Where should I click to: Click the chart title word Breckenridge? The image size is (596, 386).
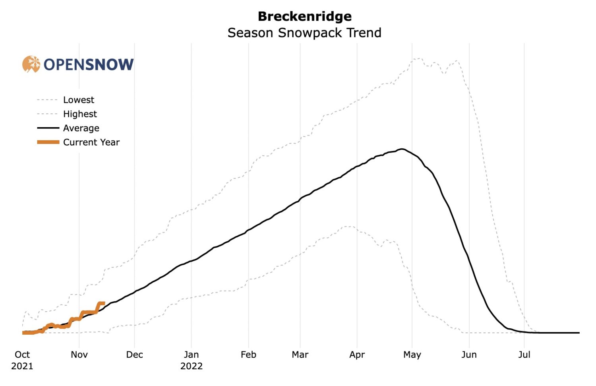(x=304, y=16)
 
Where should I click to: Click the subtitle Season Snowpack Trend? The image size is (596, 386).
(x=304, y=33)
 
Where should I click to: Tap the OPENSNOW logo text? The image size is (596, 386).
(x=89, y=64)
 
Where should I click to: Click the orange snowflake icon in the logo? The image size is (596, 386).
(x=31, y=64)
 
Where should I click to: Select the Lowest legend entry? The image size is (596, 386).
(x=78, y=100)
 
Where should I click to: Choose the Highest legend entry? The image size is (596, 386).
(x=80, y=114)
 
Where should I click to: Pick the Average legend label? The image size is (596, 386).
(x=81, y=128)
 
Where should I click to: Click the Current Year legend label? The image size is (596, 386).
(x=91, y=142)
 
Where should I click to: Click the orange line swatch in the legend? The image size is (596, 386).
(x=48, y=142)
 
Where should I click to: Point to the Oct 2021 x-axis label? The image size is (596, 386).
(x=22, y=360)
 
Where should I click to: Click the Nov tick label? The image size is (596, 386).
(x=79, y=355)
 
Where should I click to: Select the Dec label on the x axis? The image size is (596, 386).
(x=134, y=355)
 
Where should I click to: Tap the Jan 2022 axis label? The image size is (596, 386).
(x=192, y=360)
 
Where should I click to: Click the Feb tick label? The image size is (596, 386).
(x=248, y=355)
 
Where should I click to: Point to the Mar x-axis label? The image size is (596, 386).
(x=300, y=355)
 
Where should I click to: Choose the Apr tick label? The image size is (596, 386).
(x=357, y=355)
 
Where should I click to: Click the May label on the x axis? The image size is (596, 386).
(x=412, y=355)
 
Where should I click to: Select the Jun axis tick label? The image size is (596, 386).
(x=469, y=355)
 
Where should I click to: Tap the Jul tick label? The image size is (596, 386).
(x=524, y=355)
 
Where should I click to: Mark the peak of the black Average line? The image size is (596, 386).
(x=402, y=149)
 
